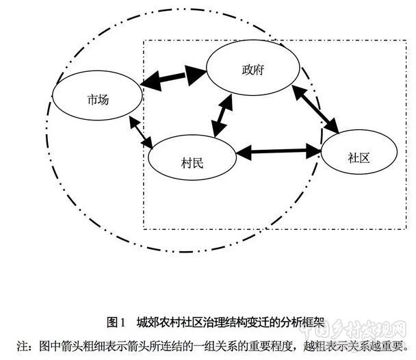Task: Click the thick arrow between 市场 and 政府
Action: tap(174, 77)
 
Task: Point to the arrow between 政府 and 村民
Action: tap(223, 115)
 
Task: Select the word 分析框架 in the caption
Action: tap(302, 321)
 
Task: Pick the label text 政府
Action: tap(252, 70)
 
